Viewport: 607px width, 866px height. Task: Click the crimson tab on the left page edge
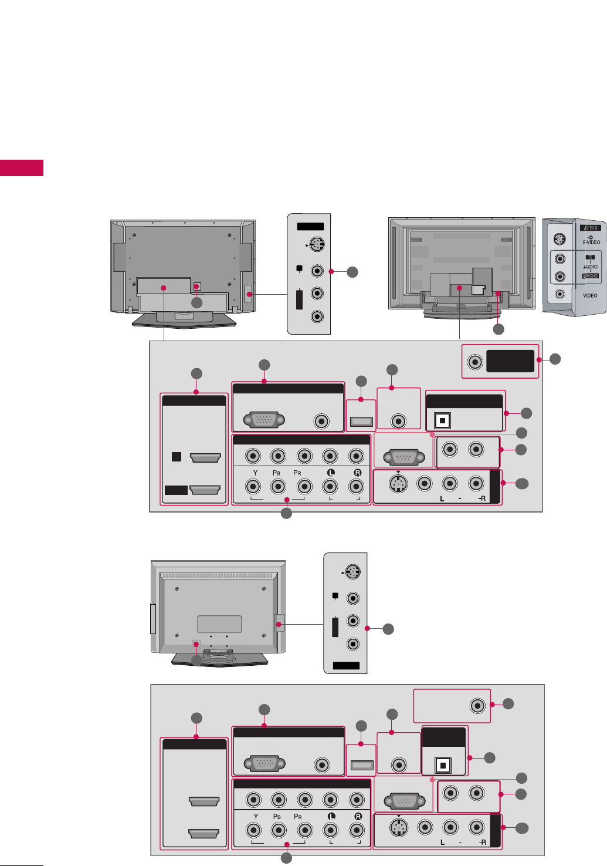point(22,167)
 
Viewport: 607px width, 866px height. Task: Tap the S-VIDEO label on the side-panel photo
point(591,242)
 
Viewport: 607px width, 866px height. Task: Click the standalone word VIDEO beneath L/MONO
point(590,295)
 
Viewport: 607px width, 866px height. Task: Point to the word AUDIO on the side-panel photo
point(590,267)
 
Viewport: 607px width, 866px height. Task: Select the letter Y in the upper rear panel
point(255,473)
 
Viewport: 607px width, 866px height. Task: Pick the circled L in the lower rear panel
point(331,817)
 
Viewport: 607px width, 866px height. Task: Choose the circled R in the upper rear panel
point(357,473)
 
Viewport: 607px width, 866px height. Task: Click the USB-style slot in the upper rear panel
point(361,421)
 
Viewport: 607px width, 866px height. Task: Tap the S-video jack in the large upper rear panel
point(399,484)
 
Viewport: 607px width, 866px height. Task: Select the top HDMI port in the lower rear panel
point(204,801)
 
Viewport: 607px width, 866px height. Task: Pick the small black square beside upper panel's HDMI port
point(177,457)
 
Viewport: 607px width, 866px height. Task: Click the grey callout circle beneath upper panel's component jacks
point(286,513)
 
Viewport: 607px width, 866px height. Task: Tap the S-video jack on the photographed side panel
point(560,239)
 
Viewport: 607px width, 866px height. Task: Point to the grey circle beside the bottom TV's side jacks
point(388,629)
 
